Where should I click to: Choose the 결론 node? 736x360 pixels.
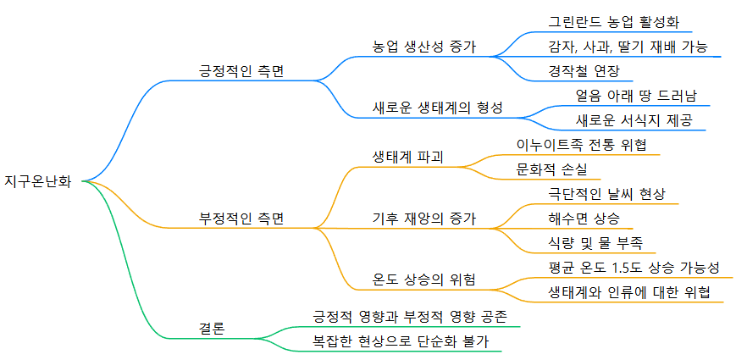pos(212,329)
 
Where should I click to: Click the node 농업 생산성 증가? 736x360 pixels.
pos(424,46)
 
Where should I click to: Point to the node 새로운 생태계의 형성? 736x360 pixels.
pos(438,108)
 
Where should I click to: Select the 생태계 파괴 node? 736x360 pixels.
pos(408,157)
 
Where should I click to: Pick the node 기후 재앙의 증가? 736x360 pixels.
pos(424,218)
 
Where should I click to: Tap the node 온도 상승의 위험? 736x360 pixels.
pos(424,280)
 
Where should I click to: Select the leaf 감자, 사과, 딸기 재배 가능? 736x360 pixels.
pos(628,46)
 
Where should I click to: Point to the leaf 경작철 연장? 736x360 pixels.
pos(584,70)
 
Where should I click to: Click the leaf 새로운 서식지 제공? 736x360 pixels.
pos(634,119)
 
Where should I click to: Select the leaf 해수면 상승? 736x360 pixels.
pos(584,218)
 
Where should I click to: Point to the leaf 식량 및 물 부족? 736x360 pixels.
pos(595,242)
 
